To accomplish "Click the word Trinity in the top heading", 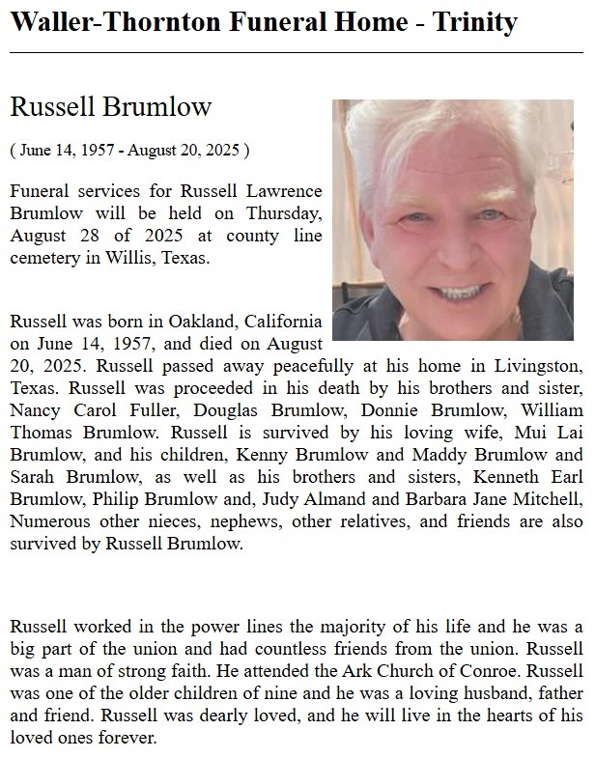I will pyautogui.click(x=472, y=22).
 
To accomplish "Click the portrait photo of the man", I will pyautogui.click(x=453, y=220).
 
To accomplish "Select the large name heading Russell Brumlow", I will pyautogui.click(x=110, y=106).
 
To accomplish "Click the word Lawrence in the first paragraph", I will pyautogui.click(x=277, y=191).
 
